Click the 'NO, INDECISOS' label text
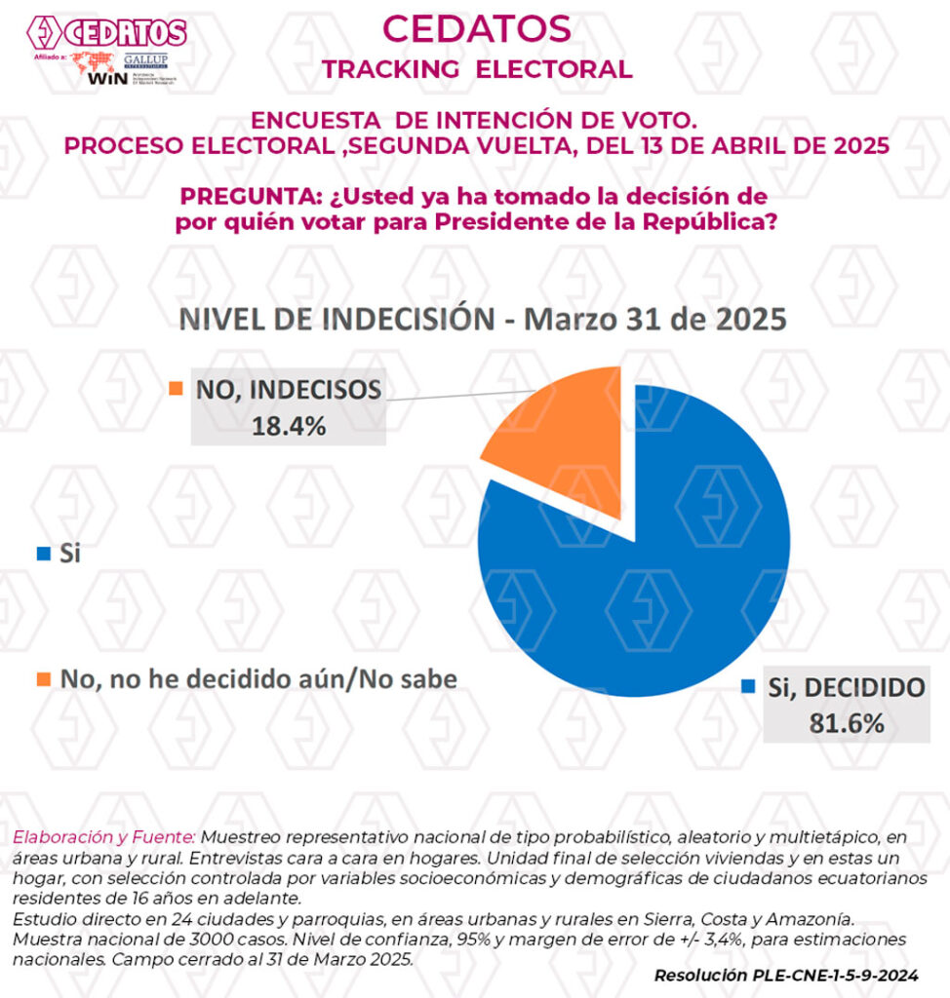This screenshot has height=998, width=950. click(x=288, y=390)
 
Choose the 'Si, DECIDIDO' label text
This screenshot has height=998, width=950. click(x=845, y=687)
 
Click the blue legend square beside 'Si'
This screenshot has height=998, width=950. click(x=42, y=554)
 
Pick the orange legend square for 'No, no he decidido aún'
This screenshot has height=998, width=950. click(x=42, y=678)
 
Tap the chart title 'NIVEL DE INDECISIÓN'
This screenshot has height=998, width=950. click(x=332, y=320)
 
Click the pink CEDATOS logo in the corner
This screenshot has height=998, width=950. click(x=107, y=33)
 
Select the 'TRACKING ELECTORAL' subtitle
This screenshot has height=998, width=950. click(x=476, y=69)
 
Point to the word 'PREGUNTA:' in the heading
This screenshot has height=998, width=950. click(x=246, y=195)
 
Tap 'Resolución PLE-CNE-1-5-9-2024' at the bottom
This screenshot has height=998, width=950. click(x=786, y=975)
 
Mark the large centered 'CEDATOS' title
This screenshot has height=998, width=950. click(x=476, y=28)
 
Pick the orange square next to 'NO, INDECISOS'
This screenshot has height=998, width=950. click(x=177, y=389)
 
